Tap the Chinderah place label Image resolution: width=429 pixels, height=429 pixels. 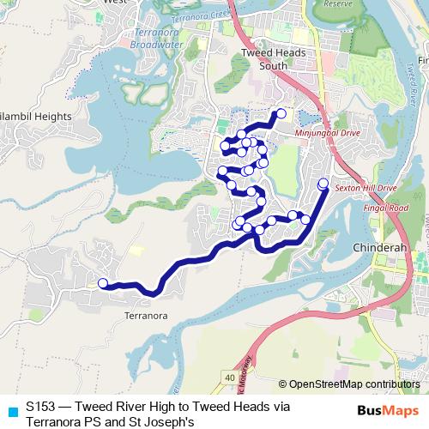pos(377,248)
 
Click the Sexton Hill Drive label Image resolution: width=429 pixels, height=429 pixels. pos(366,186)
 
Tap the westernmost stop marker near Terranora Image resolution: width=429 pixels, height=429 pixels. pos(103,283)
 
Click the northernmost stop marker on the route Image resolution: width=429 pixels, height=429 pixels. pos(281,113)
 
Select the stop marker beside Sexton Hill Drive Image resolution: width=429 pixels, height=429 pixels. pos(323,183)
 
